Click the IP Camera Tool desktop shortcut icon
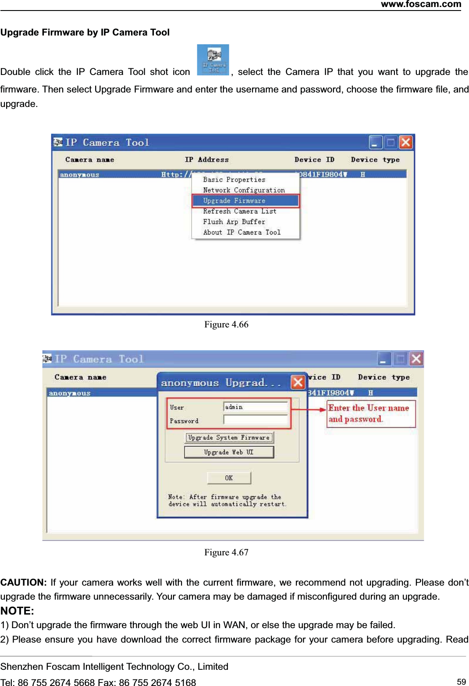click(x=213, y=60)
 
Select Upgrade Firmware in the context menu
click(x=245, y=201)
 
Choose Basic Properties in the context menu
click(x=234, y=180)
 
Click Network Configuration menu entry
click(x=244, y=190)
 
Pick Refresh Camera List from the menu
click(x=240, y=211)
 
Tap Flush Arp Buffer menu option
click(x=234, y=222)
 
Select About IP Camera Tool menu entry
click(x=242, y=232)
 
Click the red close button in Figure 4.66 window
click(x=405, y=142)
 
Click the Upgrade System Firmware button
click(x=229, y=437)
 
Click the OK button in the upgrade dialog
click(x=229, y=478)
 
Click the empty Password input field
click(x=255, y=420)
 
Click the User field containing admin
click(x=255, y=407)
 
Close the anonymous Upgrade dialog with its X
click(x=298, y=382)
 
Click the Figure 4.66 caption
click(x=226, y=324)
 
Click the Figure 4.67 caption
click(x=226, y=552)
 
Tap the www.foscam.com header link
click(x=421, y=4)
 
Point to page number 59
click(x=461, y=682)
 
